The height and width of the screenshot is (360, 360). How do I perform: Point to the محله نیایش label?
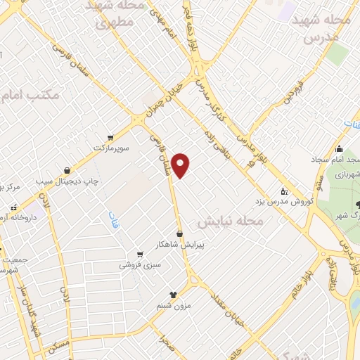(229, 221)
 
